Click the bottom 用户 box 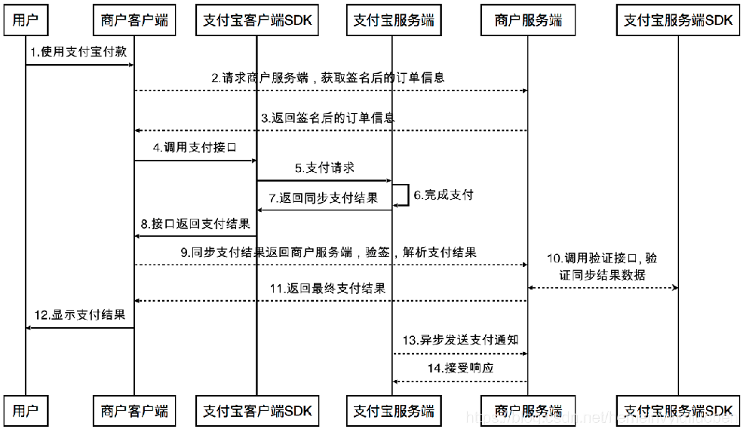coord(26,411)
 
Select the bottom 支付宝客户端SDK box coord(257,411)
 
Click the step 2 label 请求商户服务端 coord(327,78)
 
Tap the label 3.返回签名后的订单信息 coord(327,118)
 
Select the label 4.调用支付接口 coord(195,148)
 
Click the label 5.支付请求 coord(324,167)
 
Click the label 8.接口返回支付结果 coord(195,225)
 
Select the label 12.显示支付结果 coord(79,314)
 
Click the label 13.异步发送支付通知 coord(459,340)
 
